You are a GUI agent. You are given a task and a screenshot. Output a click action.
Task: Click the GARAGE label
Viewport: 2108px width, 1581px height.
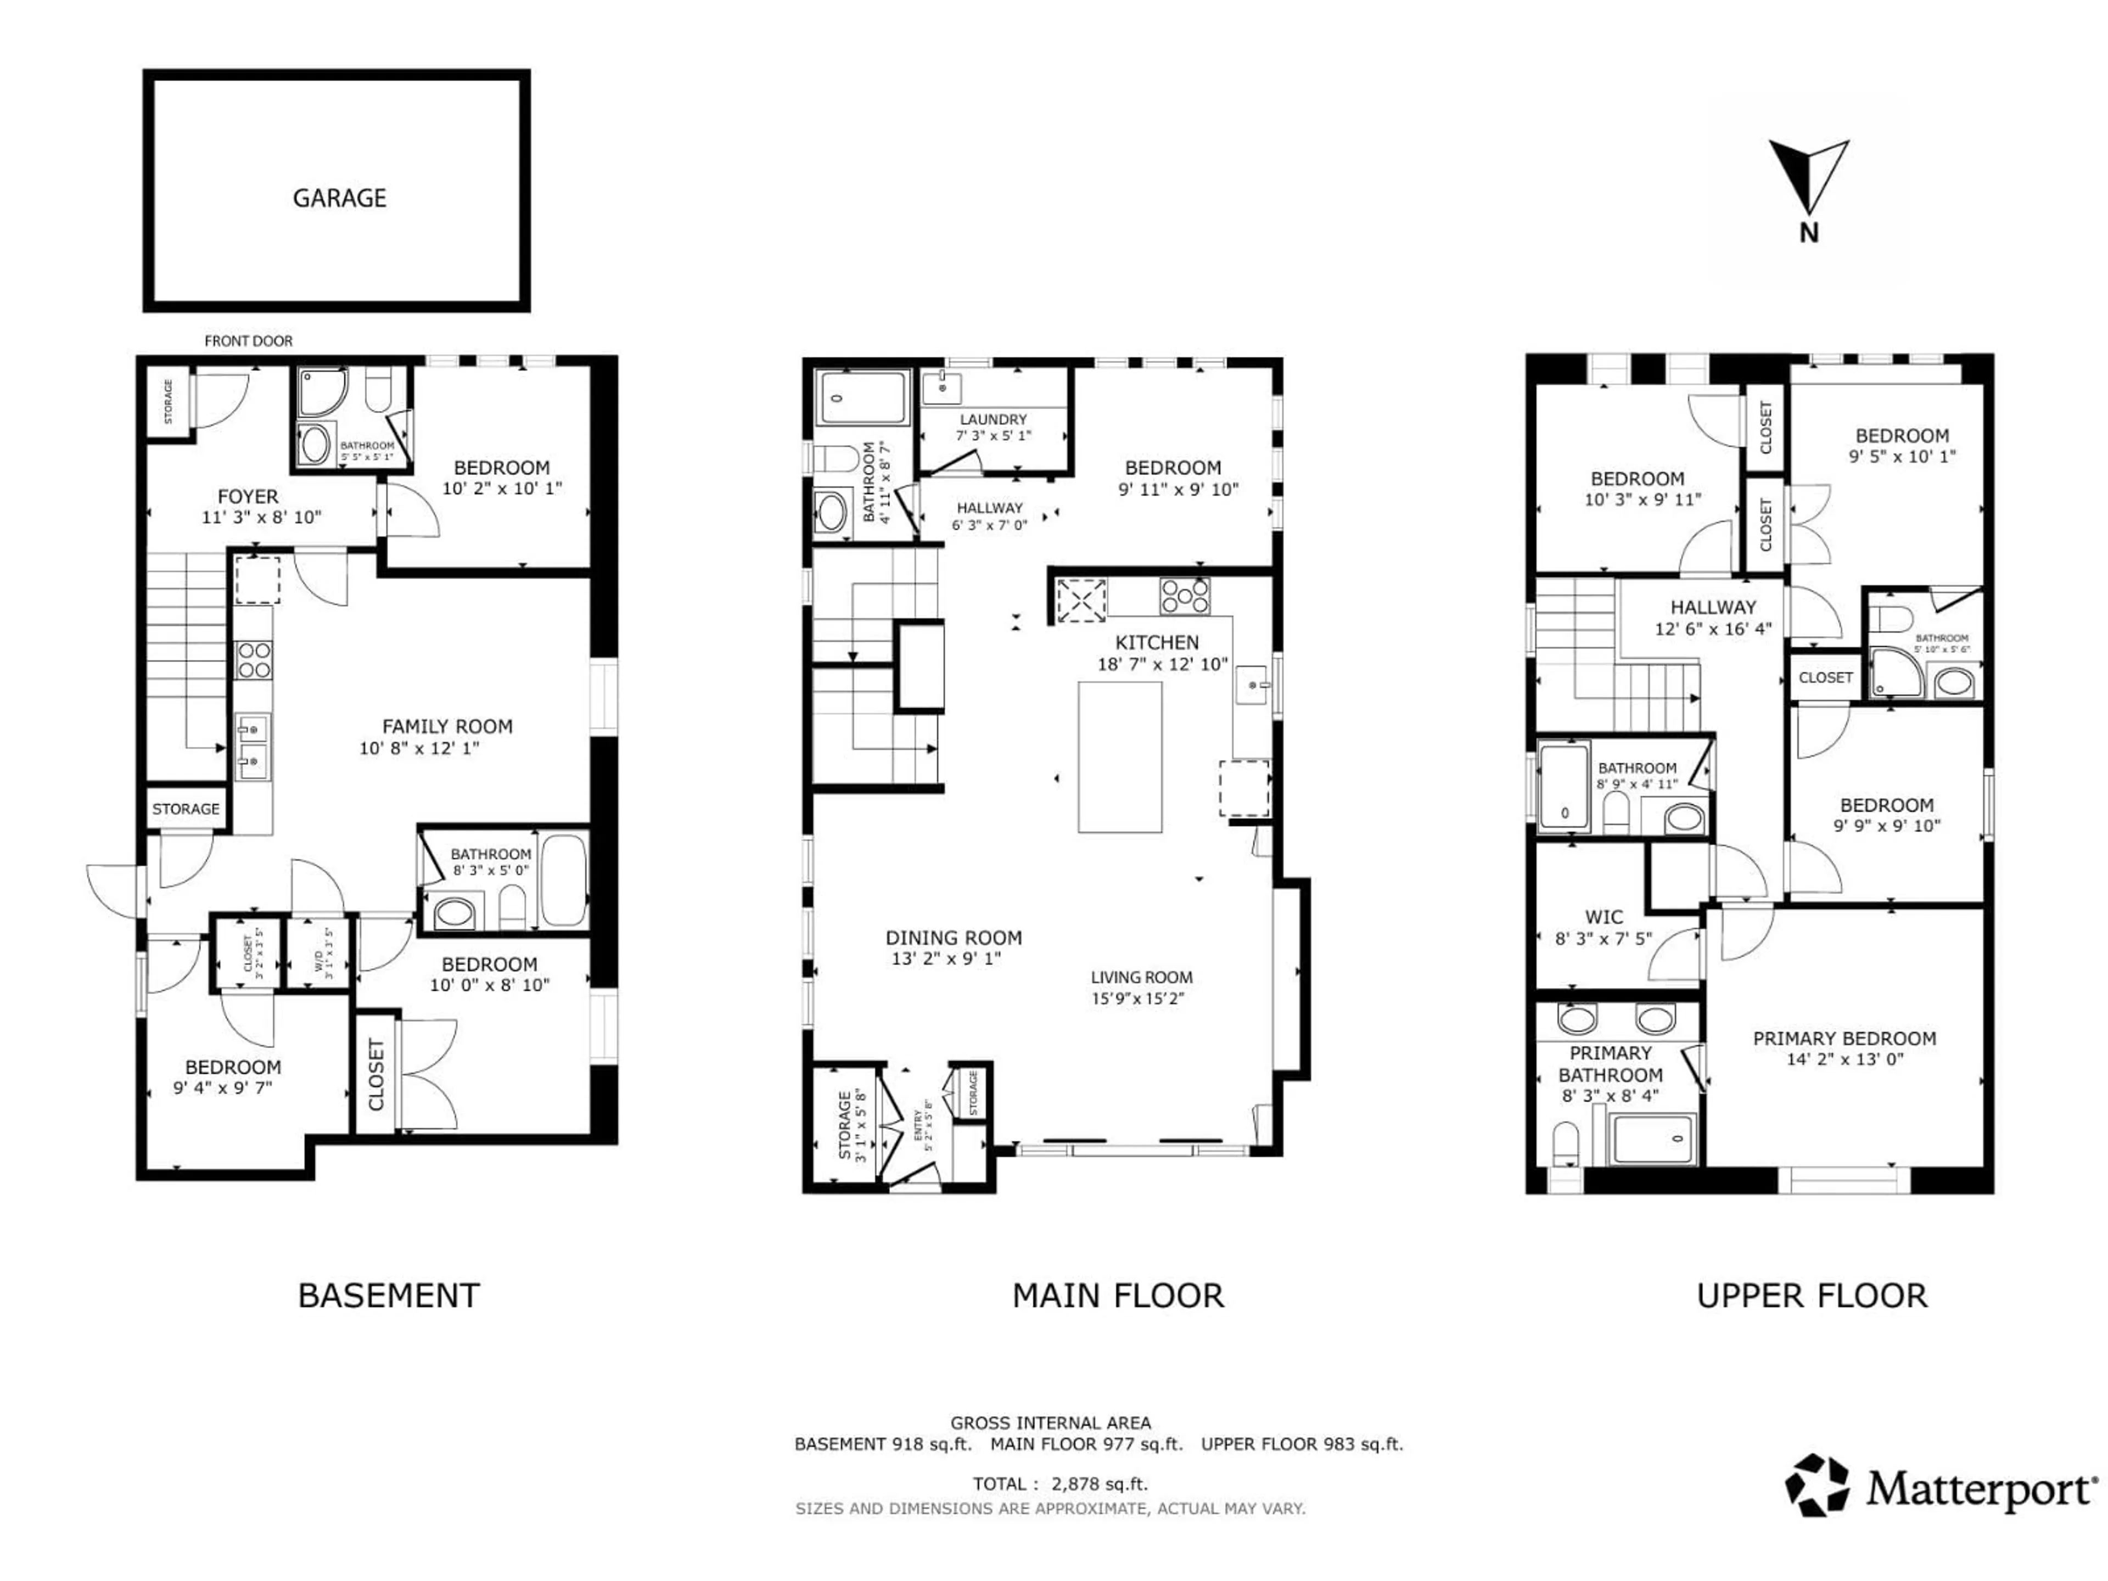[339, 198]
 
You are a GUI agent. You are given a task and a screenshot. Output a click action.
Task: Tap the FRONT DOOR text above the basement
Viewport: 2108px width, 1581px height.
[248, 341]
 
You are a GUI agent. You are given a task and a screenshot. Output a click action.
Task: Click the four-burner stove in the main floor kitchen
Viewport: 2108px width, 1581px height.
[1185, 597]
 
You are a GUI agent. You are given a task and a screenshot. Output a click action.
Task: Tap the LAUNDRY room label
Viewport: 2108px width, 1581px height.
[993, 419]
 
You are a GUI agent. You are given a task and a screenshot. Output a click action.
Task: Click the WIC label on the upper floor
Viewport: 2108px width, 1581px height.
[1604, 917]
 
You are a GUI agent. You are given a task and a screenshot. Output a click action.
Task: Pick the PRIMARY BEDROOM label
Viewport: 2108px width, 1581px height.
[1844, 1039]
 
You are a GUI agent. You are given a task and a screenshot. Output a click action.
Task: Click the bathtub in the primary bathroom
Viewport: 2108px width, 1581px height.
[1651, 1139]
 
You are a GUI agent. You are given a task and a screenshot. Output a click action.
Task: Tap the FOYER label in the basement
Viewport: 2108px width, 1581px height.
[248, 496]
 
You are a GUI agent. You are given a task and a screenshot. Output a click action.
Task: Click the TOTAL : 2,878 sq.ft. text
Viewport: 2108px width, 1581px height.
[1059, 1484]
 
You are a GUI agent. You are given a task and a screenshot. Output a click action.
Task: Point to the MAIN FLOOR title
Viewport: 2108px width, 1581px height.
[1118, 1296]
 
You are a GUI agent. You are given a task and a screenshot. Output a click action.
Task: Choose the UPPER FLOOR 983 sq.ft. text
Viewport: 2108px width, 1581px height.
[1302, 1444]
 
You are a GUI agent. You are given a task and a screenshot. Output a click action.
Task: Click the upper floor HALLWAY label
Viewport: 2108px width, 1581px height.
[1713, 607]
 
